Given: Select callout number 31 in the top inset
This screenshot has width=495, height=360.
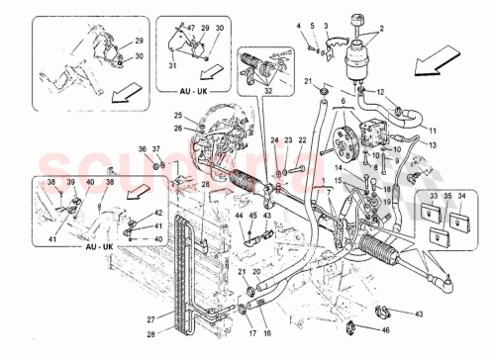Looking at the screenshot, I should click(x=172, y=66).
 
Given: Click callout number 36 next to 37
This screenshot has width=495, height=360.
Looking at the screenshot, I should click(x=143, y=148).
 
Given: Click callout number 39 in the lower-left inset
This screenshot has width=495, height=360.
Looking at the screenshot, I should click(x=70, y=183).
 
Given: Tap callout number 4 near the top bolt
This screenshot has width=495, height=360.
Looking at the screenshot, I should click(x=299, y=23).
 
